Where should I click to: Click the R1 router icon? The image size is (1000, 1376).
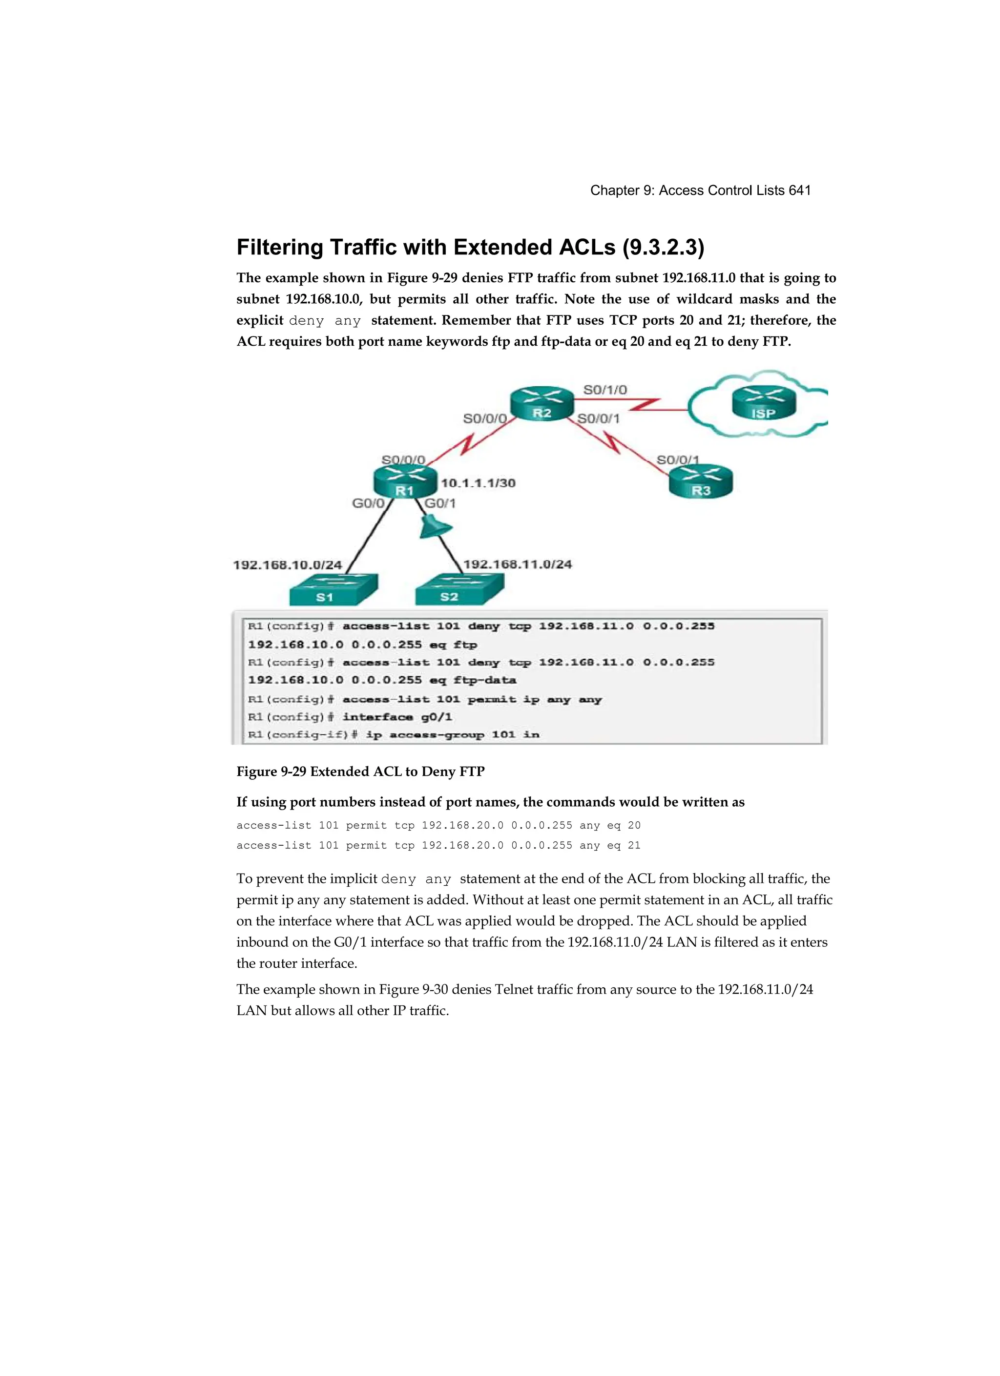click(x=405, y=482)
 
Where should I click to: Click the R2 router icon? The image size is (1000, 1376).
click(x=542, y=405)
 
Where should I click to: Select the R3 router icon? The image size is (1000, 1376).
click(x=701, y=482)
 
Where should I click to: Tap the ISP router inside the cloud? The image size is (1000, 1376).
click(x=763, y=405)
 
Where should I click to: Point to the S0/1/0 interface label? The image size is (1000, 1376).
click(x=605, y=390)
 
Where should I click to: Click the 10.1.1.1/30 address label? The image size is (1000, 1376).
click(x=478, y=483)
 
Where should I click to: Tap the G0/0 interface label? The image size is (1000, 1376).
click(x=368, y=503)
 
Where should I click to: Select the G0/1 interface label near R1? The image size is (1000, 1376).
click(x=440, y=503)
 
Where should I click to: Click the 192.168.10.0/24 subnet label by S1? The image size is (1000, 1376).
click(x=288, y=565)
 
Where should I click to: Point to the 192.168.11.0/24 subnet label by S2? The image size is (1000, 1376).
click(x=518, y=564)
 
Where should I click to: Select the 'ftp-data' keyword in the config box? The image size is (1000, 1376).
click(x=485, y=680)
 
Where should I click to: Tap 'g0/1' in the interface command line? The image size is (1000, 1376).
click(x=437, y=717)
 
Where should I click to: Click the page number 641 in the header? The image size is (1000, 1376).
click(x=799, y=190)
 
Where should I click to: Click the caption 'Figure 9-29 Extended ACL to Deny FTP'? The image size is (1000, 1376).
click(x=360, y=771)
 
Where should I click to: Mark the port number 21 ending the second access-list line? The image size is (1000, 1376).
click(x=634, y=845)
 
